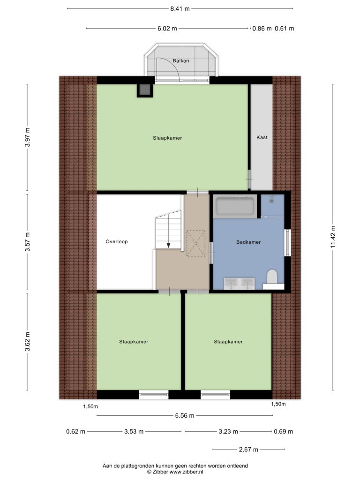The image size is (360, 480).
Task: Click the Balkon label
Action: coord(180,60)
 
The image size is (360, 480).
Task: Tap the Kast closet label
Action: coord(262,137)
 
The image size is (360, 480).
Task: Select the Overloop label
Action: coord(117,241)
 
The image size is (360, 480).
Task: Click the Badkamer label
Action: coord(248,242)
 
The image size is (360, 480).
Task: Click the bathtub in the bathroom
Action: coord(235,206)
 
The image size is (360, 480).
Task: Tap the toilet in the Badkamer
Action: coord(272,277)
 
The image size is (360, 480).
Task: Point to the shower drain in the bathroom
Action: coord(271,201)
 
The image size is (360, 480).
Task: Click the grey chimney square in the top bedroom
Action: coord(144,90)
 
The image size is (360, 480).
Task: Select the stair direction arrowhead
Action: coord(168,245)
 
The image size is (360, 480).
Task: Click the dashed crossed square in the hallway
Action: coord(196,243)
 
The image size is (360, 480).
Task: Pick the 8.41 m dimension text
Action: coord(180,8)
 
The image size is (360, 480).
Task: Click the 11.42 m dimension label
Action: coord(333,236)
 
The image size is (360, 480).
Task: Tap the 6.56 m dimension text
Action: coord(184,415)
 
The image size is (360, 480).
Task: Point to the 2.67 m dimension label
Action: coord(248,450)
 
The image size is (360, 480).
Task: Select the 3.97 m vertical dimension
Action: coord(28,137)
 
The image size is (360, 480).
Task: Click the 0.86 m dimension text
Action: coord(262,29)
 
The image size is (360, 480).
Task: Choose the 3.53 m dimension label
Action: coord(134,432)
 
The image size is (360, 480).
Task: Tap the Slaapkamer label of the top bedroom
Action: coord(167,138)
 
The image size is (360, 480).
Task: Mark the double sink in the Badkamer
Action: coord(239,284)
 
